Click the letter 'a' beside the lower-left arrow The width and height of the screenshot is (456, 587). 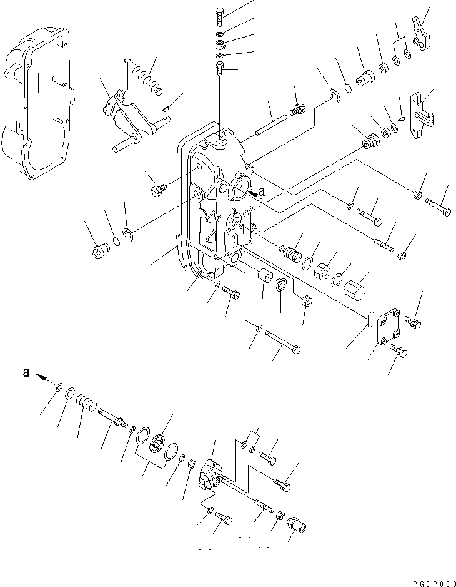[26, 372]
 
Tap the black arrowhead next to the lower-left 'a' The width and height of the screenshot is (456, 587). [42, 377]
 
